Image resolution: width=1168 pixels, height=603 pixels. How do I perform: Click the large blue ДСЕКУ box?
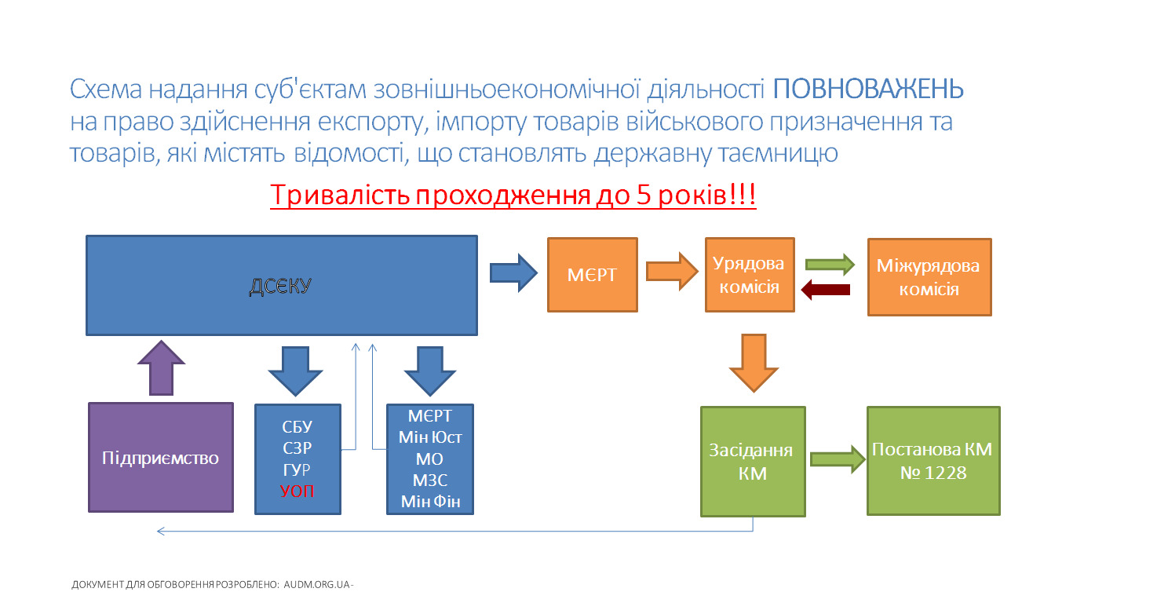[281, 286]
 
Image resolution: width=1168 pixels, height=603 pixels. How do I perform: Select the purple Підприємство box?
[161, 458]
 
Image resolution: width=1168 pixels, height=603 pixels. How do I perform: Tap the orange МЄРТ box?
[593, 275]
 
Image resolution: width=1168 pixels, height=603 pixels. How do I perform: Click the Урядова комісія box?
[750, 275]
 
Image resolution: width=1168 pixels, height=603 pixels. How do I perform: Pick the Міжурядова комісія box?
[929, 276]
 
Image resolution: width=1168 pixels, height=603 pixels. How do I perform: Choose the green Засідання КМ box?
[753, 462]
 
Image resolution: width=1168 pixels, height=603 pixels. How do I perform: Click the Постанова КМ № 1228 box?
[933, 460]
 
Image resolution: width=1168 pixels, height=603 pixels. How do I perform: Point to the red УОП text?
[297, 492]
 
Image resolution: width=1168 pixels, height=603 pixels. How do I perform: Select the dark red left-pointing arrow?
[826, 291]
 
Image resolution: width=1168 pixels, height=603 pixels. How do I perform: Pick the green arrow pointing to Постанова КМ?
[836, 460]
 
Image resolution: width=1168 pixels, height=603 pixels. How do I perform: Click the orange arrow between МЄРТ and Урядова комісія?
[671, 272]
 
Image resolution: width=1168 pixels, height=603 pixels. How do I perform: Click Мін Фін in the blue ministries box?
[430, 501]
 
